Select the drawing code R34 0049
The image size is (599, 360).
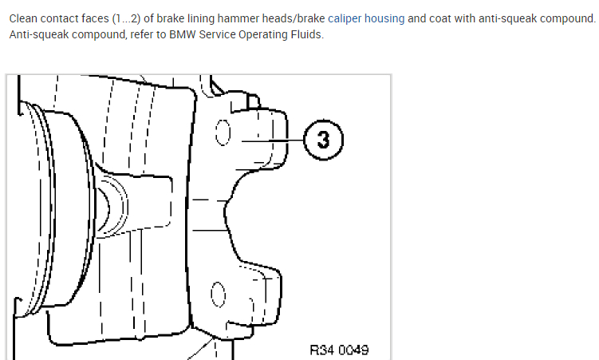tap(339, 350)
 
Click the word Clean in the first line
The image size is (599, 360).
tap(25, 18)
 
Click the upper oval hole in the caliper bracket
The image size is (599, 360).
tap(224, 133)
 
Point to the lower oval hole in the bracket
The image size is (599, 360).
tap(218, 298)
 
